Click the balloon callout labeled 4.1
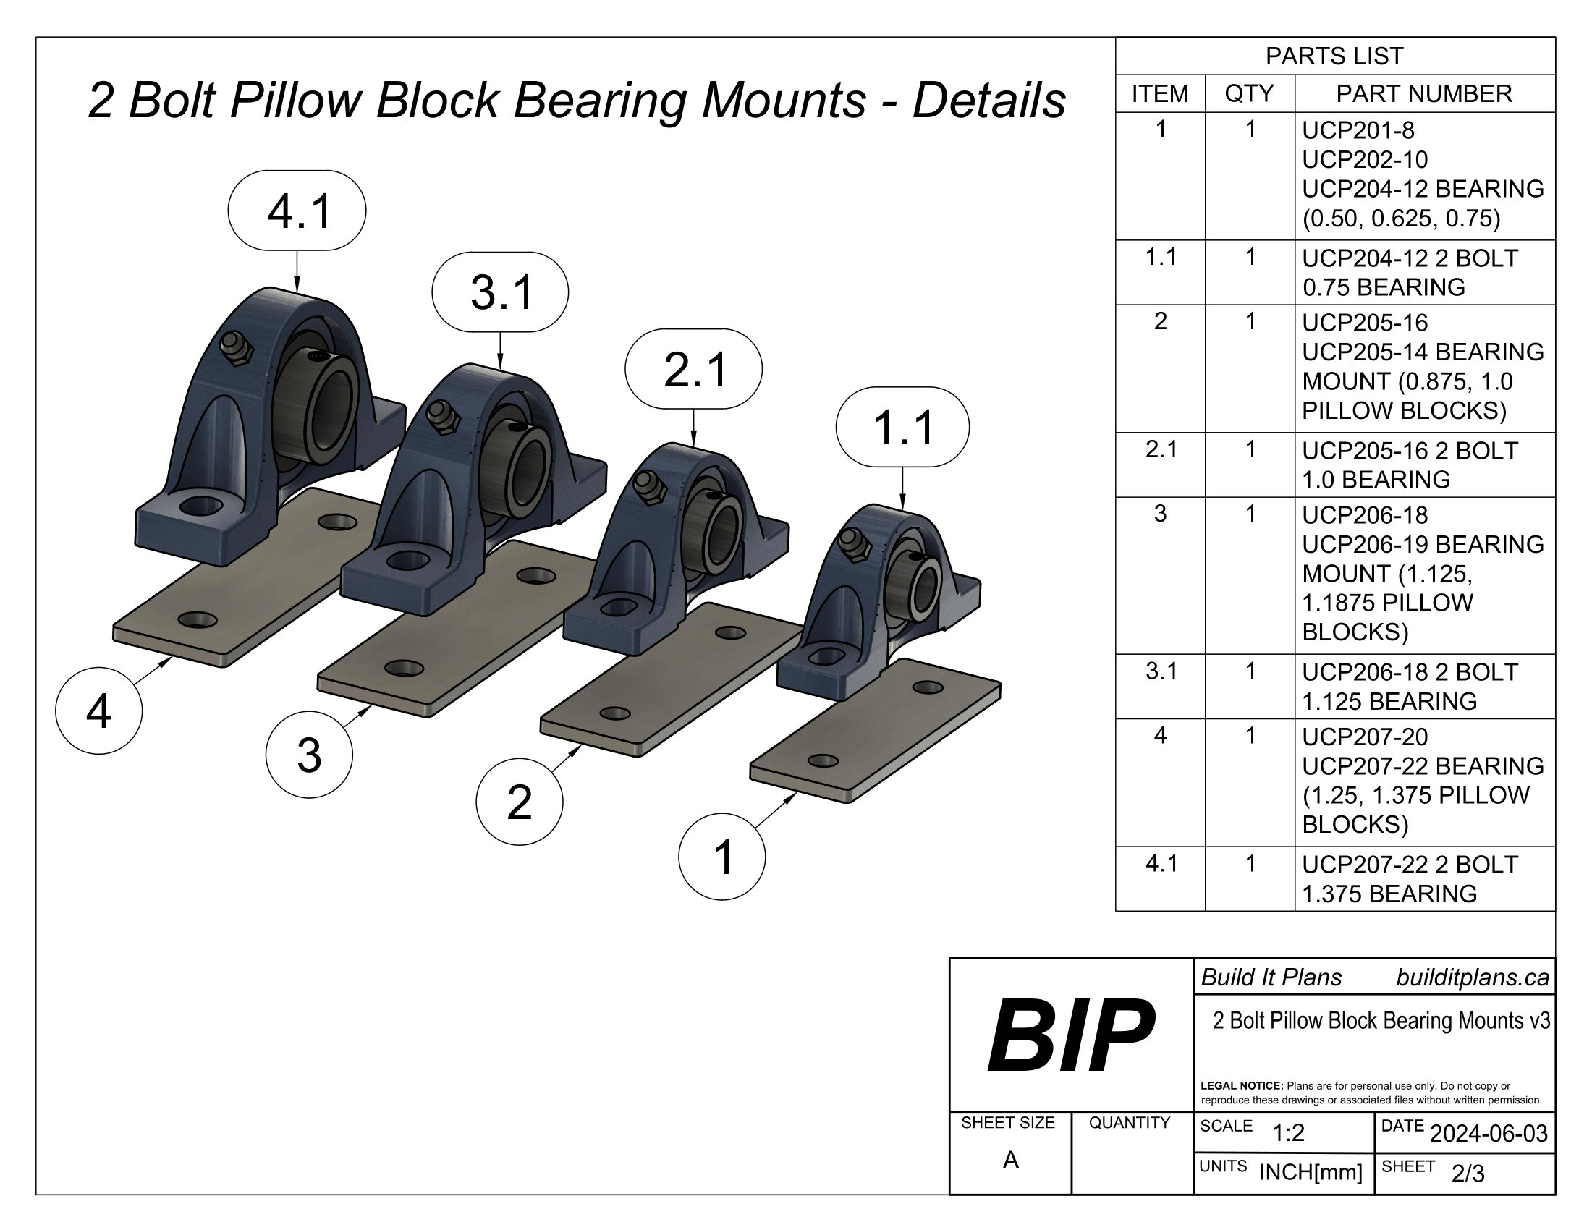tap(297, 211)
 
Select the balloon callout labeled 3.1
tap(500, 292)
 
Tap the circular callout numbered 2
tap(519, 802)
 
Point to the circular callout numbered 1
tap(721, 857)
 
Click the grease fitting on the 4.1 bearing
tap(236, 349)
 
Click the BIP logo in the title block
tap(1070, 1035)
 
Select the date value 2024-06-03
tap(1489, 1133)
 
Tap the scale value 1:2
tap(1288, 1133)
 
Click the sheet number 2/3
tap(1468, 1174)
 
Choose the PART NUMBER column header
tap(1423, 94)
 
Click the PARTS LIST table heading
tap(1334, 56)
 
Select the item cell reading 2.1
tap(1161, 449)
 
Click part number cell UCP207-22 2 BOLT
tap(1410, 864)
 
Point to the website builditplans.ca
tap(1472, 978)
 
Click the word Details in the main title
tap(989, 100)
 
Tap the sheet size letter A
tap(1010, 1160)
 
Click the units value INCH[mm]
tap(1311, 1172)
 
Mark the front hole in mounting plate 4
tap(198, 621)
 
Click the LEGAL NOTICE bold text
tap(1241, 1086)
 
